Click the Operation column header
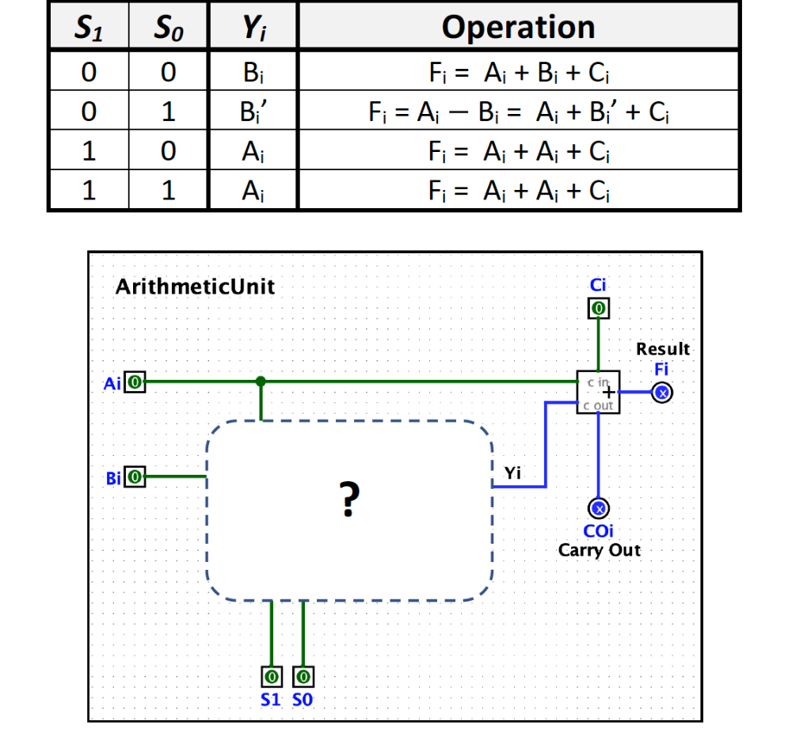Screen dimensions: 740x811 click(x=518, y=27)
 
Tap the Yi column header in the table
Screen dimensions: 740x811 click(x=251, y=28)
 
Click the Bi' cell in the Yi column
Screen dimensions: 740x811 click(x=253, y=112)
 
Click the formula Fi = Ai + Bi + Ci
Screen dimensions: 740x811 click(x=518, y=74)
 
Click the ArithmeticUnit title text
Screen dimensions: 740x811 click(x=195, y=287)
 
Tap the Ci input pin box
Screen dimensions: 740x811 click(x=599, y=307)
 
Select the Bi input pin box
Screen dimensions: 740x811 click(x=135, y=477)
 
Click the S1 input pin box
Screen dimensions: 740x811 click(x=272, y=677)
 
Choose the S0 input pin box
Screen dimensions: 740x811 click(x=303, y=677)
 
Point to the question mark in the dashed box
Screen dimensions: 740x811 click(x=348, y=499)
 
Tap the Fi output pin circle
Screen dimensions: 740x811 click(x=663, y=392)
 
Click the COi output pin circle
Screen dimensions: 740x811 click(x=599, y=508)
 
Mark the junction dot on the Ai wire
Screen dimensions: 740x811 click(x=261, y=381)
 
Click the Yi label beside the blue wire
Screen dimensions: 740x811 click(x=513, y=473)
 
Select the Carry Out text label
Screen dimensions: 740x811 click(x=599, y=550)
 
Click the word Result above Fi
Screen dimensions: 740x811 click(x=663, y=348)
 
